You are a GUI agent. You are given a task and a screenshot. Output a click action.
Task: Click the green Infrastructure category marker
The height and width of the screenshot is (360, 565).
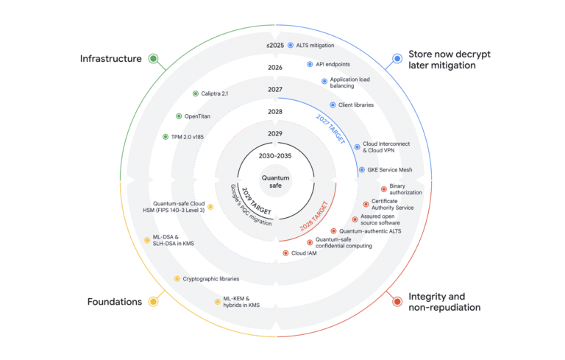(x=154, y=58)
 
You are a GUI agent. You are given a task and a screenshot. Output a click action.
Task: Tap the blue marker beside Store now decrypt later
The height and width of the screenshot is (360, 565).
(x=397, y=58)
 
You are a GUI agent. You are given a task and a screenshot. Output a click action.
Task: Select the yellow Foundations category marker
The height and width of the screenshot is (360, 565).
(x=153, y=302)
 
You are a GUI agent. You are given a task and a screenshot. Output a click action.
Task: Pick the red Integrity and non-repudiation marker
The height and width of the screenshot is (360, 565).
(x=397, y=302)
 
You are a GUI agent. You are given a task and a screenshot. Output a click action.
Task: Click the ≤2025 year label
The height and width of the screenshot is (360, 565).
(x=275, y=46)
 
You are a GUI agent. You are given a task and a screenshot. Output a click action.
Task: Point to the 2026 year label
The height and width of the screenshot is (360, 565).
(x=275, y=68)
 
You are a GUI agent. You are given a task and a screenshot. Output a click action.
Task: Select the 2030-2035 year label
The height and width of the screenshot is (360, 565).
(x=275, y=156)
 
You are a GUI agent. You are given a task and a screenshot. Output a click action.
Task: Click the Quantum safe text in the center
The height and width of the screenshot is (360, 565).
(x=275, y=181)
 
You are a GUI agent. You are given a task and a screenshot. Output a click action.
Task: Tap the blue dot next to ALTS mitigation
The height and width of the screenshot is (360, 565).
(x=291, y=46)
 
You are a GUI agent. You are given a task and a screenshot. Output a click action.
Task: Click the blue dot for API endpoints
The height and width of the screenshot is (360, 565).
(x=310, y=64)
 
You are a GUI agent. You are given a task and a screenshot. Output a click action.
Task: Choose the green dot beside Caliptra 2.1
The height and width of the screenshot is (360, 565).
(x=195, y=93)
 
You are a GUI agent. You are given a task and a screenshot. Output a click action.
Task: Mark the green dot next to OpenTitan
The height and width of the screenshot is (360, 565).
(x=179, y=116)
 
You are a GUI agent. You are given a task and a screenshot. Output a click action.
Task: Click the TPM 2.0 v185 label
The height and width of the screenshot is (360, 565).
(x=188, y=137)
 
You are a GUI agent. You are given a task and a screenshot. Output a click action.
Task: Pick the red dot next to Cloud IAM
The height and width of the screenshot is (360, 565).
(x=285, y=253)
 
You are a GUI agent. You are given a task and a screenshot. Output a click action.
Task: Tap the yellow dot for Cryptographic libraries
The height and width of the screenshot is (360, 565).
(x=177, y=279)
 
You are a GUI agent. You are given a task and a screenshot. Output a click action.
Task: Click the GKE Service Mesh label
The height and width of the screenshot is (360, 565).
(x=390, y=170)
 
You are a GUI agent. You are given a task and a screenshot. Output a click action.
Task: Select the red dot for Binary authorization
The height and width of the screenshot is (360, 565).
(x=384, y=189)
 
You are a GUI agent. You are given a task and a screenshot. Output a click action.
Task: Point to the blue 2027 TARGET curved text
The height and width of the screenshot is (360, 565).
(x=331, y=129)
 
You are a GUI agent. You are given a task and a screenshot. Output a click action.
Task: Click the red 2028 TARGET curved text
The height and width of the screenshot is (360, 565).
(x=315, y=216)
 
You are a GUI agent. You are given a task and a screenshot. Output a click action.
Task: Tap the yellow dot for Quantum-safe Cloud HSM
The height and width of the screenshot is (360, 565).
(x=210, y=207)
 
